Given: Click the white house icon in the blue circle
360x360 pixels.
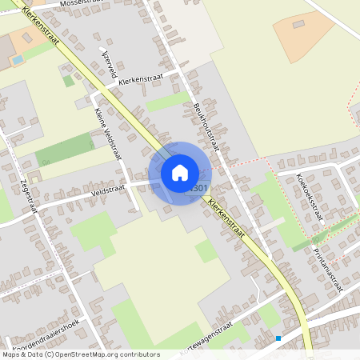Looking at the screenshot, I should [x=180, y=173].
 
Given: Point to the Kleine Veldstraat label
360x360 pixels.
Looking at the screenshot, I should [x=110, y=134].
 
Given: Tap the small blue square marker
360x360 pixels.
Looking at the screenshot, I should [x=278, y=338].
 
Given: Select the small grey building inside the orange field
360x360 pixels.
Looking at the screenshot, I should [x=298, y=25].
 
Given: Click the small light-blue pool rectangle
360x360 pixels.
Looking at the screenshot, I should [x=17, y=59].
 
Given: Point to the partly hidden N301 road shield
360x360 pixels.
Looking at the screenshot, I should [x=200, y=188].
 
